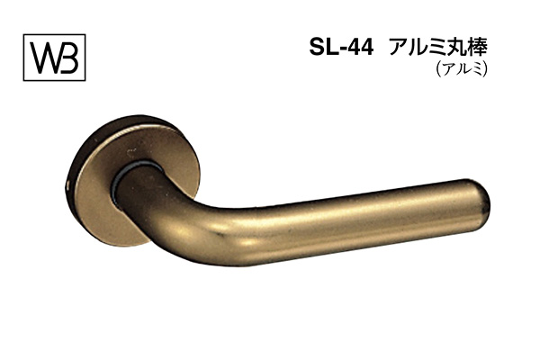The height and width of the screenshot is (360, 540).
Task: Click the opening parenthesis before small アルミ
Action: point(438,73)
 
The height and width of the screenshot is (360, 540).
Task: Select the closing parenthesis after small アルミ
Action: point(486,73)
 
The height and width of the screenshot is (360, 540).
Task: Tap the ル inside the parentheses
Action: point(463,73)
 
